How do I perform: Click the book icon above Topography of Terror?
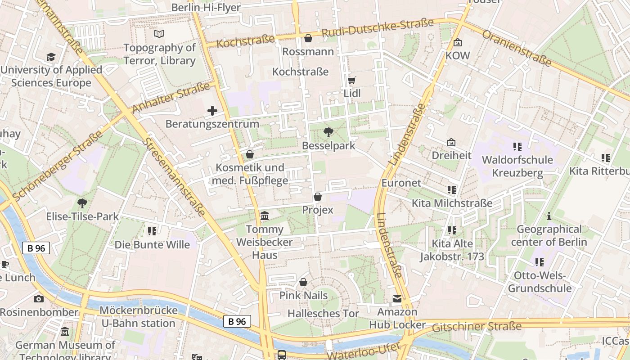click(159, 34)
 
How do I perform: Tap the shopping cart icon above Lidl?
click(352, 81)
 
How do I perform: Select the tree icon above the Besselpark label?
click(328, 132)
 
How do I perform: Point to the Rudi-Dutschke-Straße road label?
click(378, 27)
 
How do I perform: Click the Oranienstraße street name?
click(517, 49)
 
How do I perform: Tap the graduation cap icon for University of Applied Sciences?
click(51, 57)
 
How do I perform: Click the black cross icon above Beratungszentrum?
click(212, 110)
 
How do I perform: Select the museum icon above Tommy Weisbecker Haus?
click(265, 216)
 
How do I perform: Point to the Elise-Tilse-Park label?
click(83, 216)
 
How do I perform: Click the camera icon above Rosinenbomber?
click(39, 299)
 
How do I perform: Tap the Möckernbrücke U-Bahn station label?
click(138, 317)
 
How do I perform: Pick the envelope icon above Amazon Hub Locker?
click(397, 299)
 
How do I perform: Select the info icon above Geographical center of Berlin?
click(549, 216)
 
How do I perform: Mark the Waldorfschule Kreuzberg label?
click(517, 166)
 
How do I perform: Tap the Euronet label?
click(401, 183)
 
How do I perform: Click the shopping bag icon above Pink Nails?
click(303, 282)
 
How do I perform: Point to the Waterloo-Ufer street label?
click(363, 351)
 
